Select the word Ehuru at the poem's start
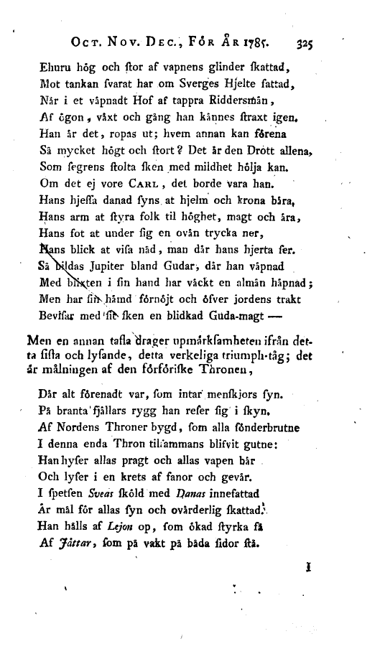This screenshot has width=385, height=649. tap(50, 68)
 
